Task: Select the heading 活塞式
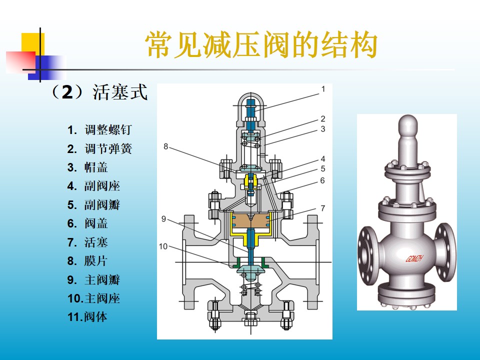[x=120, y=92]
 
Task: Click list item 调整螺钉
[x=108, y=130]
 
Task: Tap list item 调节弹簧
[x=108, y=149]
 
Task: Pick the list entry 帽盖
[x=96, y=167]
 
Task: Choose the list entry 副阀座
[x=102, y=186]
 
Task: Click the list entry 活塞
[x=96, y=242]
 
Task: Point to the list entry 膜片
[x=96, y=261]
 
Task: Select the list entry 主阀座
[x=102, y=298]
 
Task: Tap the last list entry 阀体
[x=96, y=317]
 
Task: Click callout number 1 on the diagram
[x=323, y=89]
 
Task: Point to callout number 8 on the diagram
[x=165, y=146]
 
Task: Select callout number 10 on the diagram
[x=163, y=246]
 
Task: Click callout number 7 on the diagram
[x=322, y=208]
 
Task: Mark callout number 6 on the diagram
[x=322, y=180]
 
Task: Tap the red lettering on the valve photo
[x=414, y=259]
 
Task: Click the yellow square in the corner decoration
[x=33, y=44]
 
